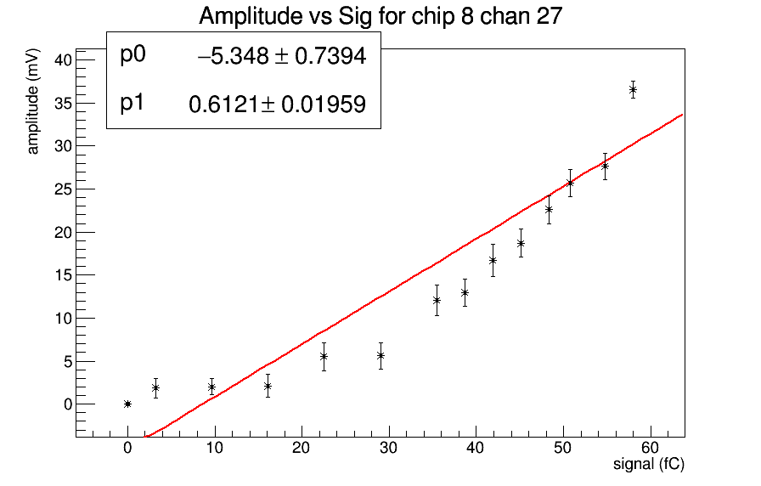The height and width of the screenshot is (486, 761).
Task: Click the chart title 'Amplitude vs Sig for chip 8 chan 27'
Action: coord(380,17)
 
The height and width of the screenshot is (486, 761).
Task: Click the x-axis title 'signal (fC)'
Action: coord(649,465)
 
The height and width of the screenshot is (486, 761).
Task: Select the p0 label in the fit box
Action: coord(133,55)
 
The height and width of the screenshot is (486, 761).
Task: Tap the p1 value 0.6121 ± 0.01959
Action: coord(277,105)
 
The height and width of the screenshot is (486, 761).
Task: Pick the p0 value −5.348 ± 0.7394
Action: coord(281,57)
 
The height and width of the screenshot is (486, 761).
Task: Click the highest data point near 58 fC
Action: coord(633,89)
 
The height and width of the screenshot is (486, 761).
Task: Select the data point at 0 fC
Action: coord(127,404)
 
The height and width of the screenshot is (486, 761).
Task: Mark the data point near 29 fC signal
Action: coord(380,355)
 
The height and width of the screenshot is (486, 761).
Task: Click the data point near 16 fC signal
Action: coord(268,386)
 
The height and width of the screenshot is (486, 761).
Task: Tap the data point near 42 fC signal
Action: coord(493,260)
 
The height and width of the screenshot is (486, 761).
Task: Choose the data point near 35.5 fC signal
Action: coord(437,300)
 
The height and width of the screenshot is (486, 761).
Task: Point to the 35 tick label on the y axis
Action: coord(61,104)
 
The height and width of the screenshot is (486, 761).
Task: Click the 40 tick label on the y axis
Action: coord(61,60)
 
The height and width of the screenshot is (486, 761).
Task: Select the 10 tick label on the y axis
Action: coord(61,319)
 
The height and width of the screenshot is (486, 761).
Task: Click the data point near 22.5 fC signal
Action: coord(324,357)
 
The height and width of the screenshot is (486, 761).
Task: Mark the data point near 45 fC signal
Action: coord(521,243)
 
